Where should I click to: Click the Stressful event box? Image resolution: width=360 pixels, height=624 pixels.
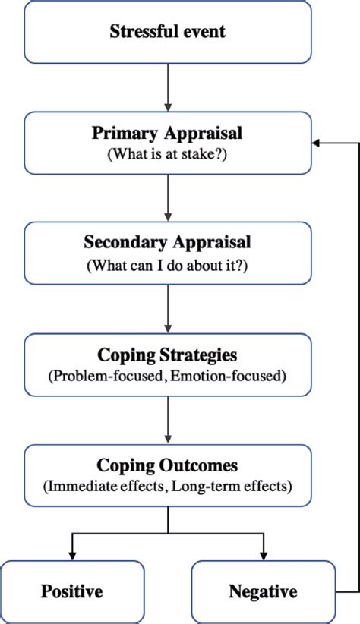click(x=167, y=32)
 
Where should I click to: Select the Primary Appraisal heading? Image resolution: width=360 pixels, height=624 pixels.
click(x=167, y=133)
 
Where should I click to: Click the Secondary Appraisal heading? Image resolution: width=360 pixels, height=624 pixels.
click(x=167, y=244)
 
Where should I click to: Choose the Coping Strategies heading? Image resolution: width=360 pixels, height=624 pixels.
click(x=167, y=355)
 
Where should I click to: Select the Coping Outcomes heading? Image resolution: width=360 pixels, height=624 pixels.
click(x=167, y=465)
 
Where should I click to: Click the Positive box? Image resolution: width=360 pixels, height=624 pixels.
click(x=72, y=591)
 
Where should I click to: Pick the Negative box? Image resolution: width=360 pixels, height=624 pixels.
click(x=263, y=591)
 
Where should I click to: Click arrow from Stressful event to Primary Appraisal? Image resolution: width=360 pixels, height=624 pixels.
click(x=168, y=87)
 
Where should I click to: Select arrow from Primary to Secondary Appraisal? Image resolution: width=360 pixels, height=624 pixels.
click(x=168, y=198)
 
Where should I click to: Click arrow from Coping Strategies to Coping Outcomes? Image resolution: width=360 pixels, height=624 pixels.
click(x=168, y=421)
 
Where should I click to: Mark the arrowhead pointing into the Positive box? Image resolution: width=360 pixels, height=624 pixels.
click(x=72, y=555)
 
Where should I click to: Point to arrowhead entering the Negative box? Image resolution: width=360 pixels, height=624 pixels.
click(x=263, y=555)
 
